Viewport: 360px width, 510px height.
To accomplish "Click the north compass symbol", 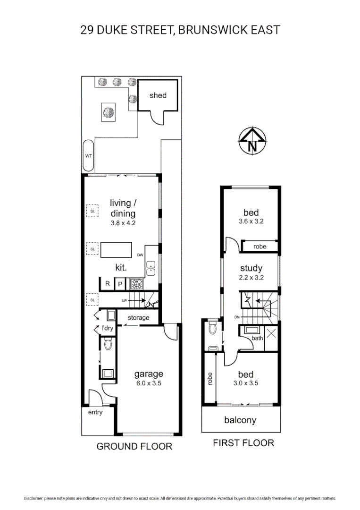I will pyautogui.click(x=252, y=141).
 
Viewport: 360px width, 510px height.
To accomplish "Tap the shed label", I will pyautogui.click(x=158, y=95).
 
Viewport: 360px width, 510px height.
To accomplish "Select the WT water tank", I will pyautogui.click(x=88, y=155).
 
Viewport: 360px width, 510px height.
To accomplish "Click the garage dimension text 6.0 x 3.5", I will pyautogui.click(x=149, y=383).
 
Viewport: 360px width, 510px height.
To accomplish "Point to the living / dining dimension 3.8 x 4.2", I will pyautogui.click(x=123, y=223).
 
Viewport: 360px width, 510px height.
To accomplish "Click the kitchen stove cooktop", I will pyautogui.click(x=137, y=283).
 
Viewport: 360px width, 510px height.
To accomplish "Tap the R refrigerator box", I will pyautogui.click(x=108, y=283).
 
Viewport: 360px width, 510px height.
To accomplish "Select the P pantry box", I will pyautogui.click(x=120, y=283).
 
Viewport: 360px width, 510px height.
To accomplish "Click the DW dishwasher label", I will pyautogui.click(x=140, y=255).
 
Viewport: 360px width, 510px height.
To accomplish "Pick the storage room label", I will pyautogui.click(x=138, y=318).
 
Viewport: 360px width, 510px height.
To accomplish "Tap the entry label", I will pyautogui.click(x=95, y=412).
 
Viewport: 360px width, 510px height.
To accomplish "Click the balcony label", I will pyautogui.click(x=240, y=420).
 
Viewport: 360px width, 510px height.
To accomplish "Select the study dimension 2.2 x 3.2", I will pyautogui.click(x=251, y=278).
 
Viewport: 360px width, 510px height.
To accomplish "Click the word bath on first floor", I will pyautogui.click(x=257, y=338).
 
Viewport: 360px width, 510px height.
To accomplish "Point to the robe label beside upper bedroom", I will pyautogui.click(x=260, y=246).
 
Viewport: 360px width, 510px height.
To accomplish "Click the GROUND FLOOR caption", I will pyautogui.click(x=134, y=446).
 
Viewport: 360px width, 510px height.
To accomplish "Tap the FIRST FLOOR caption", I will pyautogui.click(x=243, y=443).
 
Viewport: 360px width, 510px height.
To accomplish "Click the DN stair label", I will pyautogui.click(x=237, y=317).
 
